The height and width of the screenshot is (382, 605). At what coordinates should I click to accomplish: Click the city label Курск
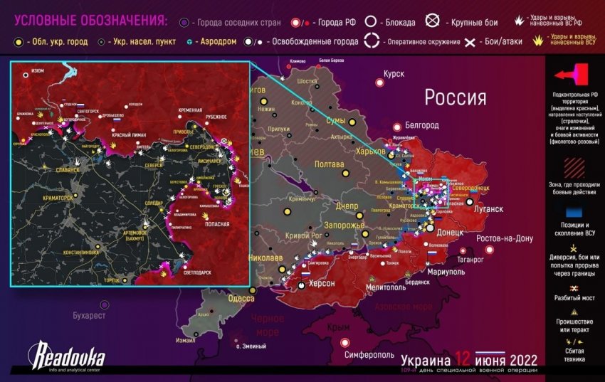(394, 74)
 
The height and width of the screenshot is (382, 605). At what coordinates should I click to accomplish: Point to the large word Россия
(456, 97)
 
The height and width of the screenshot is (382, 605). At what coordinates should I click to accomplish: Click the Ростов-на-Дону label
(505, 238)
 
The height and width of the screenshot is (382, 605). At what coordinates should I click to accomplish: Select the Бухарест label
(89, 314)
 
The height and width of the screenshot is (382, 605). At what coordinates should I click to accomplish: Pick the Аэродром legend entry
(218, 42)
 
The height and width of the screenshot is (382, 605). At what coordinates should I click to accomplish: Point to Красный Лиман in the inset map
(145, 134)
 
